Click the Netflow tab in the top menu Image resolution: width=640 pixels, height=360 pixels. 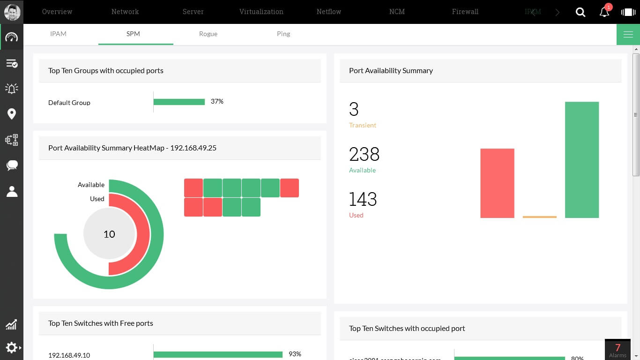pos(328,12)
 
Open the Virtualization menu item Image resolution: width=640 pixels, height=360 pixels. pos(261,12)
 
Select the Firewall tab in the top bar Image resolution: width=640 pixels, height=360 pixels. pos(465,12)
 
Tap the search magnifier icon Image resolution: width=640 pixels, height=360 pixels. pos(580,12)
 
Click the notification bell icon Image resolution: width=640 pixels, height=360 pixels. pos(604,12)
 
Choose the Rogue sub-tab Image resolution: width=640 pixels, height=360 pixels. pos(208,34)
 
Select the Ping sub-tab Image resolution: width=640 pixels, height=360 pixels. pos(283,34)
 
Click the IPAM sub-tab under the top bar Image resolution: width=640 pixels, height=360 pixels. pos(58,34)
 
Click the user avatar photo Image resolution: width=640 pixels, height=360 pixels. pos(12,12)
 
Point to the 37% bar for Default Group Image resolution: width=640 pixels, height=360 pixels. pos(179,102)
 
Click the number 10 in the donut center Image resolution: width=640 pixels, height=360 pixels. pos(109,234)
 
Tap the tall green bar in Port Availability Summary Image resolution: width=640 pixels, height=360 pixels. pos(581,159)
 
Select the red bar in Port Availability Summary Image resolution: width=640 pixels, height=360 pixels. pos(497,183)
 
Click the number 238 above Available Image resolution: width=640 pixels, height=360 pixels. pos(364,154)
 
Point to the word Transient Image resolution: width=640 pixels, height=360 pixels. pos(362,125)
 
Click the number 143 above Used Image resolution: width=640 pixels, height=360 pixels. pos(363,199)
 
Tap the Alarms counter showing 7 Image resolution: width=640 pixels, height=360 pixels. pos(618,349)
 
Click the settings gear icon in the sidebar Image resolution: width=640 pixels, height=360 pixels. pos(11,347)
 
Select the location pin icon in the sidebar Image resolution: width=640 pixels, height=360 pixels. pos(12,114)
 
